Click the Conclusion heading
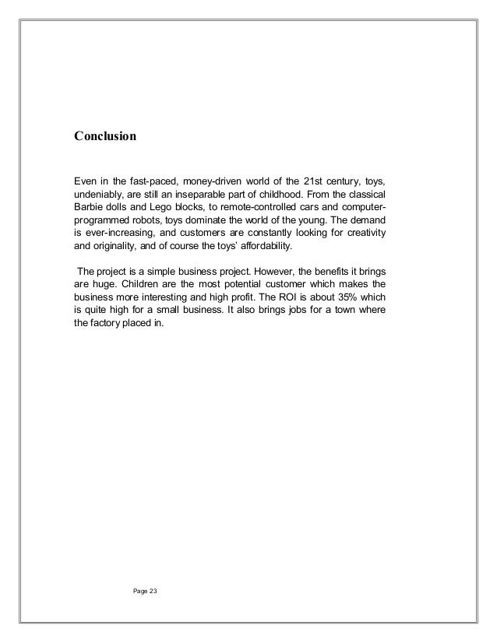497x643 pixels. pos(104,136)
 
